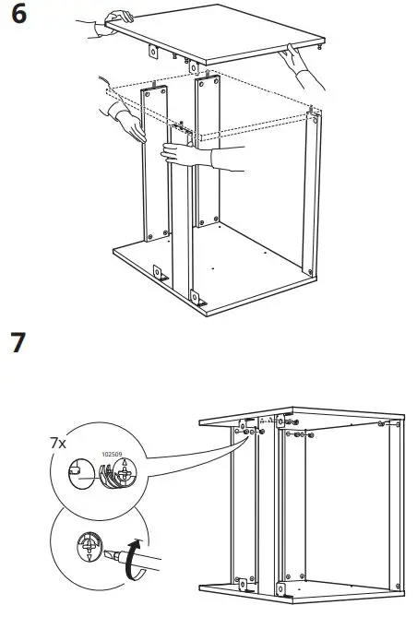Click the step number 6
coord(18,18)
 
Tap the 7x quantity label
coord(57,444)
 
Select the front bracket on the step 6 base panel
coord(198,298)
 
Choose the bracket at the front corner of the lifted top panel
coord(193,66)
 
